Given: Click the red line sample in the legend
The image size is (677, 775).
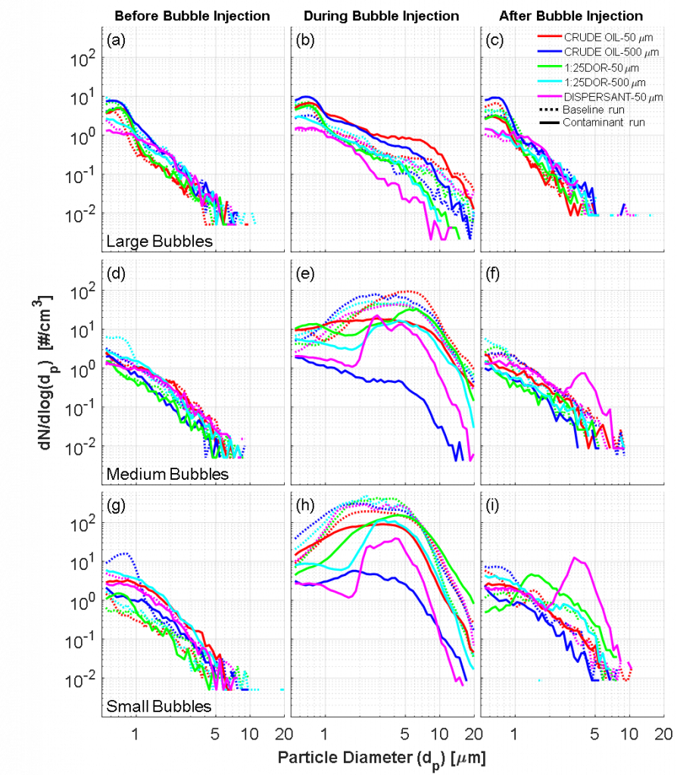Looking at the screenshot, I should pos(550,36).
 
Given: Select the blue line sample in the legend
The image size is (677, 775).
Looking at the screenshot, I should pos(550,51).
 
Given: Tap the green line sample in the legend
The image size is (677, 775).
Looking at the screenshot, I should pos(550,66).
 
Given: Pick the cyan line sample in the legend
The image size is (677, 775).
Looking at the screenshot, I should pos(550,81).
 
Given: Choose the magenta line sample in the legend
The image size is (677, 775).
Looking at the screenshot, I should pos(550,96).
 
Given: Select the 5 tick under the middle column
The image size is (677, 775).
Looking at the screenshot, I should pos(404,733).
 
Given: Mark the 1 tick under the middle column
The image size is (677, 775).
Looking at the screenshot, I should pos(324,733).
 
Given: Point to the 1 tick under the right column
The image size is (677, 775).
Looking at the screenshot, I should pos(514,733).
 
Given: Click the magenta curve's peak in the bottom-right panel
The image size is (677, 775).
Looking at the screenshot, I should pos(576,557).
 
